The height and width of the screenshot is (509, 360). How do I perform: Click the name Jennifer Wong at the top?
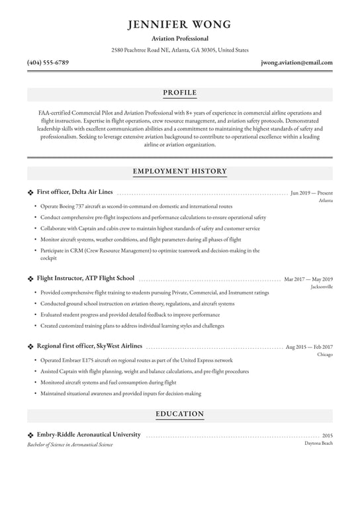[180, 24]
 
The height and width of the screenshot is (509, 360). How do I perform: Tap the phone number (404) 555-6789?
[48, 63]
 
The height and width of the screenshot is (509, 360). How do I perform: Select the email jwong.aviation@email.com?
[296, 63]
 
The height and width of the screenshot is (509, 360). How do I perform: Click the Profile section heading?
[180, 93]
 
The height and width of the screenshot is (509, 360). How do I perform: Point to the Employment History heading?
[180, 171]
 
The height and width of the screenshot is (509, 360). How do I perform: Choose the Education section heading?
[180, 414]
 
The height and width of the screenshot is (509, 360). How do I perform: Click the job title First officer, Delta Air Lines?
[74, 192]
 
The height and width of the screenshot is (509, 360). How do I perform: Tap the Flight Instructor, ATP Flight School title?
[85, 279]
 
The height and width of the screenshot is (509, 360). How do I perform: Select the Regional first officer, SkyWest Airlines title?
[89, 346]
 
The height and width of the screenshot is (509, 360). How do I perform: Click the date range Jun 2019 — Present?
[312, 193]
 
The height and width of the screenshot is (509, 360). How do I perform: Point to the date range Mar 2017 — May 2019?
[308, 280]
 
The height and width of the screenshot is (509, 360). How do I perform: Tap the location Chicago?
[325, 355]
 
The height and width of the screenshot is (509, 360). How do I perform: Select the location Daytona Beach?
[318, 443]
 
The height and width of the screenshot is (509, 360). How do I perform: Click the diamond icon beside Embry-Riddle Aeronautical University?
[30, 435]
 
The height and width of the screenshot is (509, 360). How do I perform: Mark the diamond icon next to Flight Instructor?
[30, 279]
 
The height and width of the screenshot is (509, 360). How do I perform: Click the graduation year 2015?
[327, 436]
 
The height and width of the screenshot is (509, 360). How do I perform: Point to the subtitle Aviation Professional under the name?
[180, 39]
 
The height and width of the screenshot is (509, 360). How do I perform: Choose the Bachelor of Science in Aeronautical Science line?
[70, 445]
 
